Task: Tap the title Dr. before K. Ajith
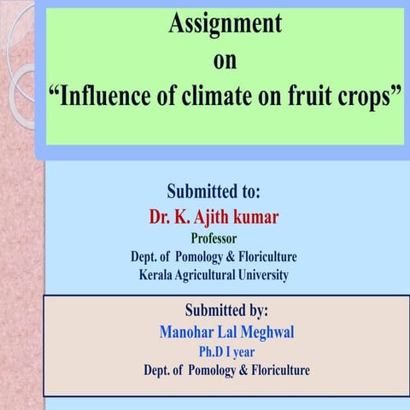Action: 161,215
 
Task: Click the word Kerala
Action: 157,275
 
